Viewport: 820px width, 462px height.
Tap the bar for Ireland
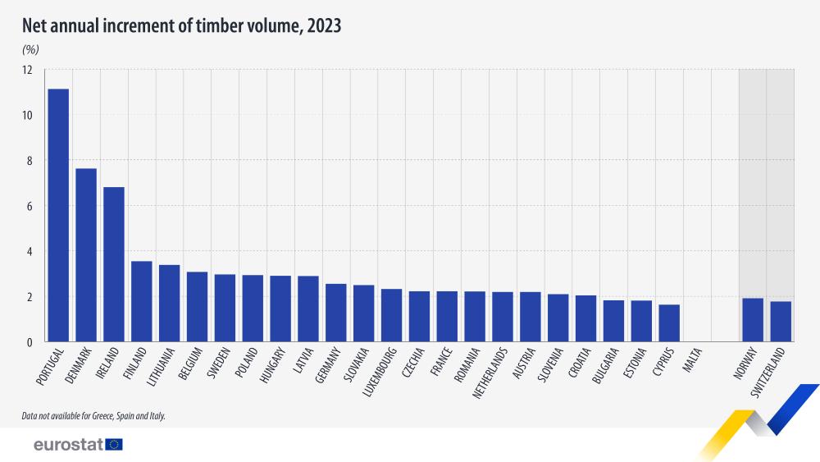(114, 264)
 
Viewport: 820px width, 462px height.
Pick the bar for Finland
(142, 301)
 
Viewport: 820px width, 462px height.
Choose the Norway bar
(753, 319)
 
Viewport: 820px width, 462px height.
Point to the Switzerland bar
(781, 321)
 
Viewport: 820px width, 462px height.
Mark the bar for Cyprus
(669, 322)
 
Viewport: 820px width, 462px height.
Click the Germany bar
(336, 312)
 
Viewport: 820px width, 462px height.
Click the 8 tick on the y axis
(28, 161)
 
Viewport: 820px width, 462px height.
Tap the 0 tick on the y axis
(28, 342)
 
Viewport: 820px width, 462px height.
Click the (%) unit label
(30, 50)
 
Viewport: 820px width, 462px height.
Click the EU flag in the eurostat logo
(114, 444)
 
